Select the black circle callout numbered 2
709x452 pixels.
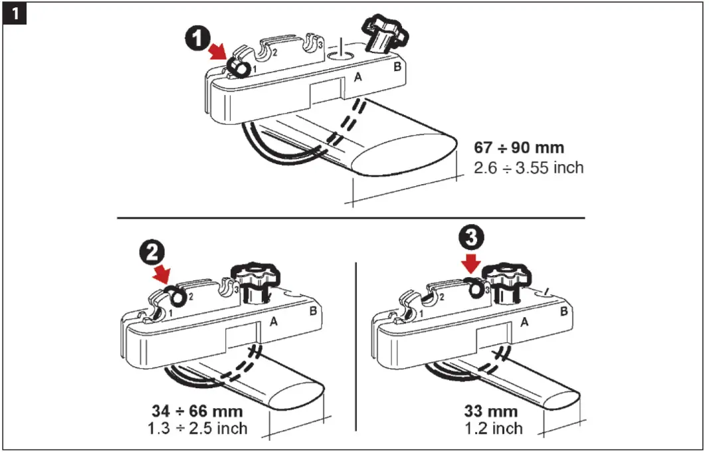152,253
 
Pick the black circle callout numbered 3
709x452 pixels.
471,238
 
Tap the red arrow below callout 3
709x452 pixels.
471,264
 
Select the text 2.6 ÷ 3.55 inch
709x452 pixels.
529,168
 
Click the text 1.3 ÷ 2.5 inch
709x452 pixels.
197,428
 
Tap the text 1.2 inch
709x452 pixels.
494,428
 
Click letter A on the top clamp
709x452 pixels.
358,77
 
